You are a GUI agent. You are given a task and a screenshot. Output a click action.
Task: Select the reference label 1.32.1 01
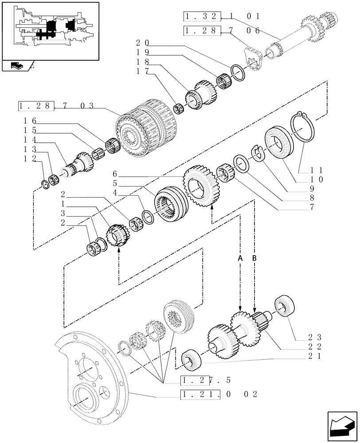[222, 17]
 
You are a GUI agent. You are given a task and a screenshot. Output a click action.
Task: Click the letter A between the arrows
[240, 257]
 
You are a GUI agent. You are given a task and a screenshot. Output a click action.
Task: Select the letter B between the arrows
[254, 257]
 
